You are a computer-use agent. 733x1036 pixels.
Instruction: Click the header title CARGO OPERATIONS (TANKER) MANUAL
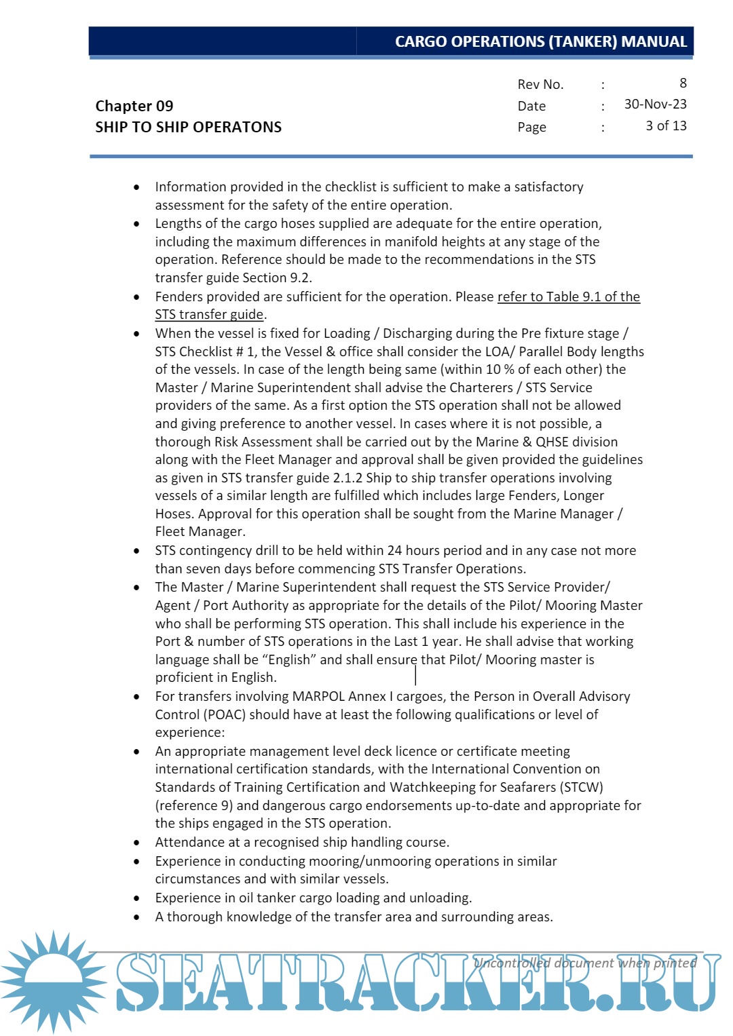pyautogui.click(x=540, y=41)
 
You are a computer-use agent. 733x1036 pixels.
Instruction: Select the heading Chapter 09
pyautogui.click(x=134, y=106)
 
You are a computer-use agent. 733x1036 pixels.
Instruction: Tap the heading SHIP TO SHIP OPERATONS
pyautogui.click(x=188, y=127)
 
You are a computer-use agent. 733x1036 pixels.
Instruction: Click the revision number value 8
pyautogui.click(x=683, y=83)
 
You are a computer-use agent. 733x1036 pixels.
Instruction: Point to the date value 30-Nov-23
pyautogui.click(x=655, y=104)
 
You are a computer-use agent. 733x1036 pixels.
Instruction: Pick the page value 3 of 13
pyautogui.click(x=666, y=126)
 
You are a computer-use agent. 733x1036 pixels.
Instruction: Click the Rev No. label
pyautogui.click(x=540, y=84)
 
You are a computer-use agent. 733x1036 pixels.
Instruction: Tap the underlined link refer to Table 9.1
pyautogui.click(x=550, y=296)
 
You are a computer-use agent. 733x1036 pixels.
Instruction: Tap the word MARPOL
pyautogui.click(x=318, y=696)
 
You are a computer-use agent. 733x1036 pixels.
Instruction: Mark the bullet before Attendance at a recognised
pyautogui.click(x=137, y=843)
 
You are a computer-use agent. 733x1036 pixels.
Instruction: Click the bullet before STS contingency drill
pyautogui.click(x=137, y=551)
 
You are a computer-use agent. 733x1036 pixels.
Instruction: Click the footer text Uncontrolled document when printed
pyautogui.click(x=584, y=963)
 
